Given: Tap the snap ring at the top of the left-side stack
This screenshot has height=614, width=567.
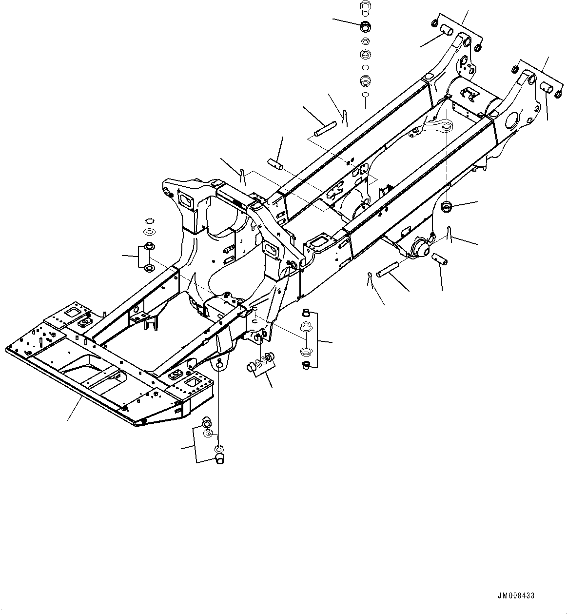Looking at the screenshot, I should (x=150, y=219).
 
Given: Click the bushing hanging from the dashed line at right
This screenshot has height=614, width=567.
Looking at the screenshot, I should (x=446, y=207).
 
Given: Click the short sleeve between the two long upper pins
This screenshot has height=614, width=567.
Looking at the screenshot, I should (x=275, y=162).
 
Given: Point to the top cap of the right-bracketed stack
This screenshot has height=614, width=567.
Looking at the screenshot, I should (x=306, y=313).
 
